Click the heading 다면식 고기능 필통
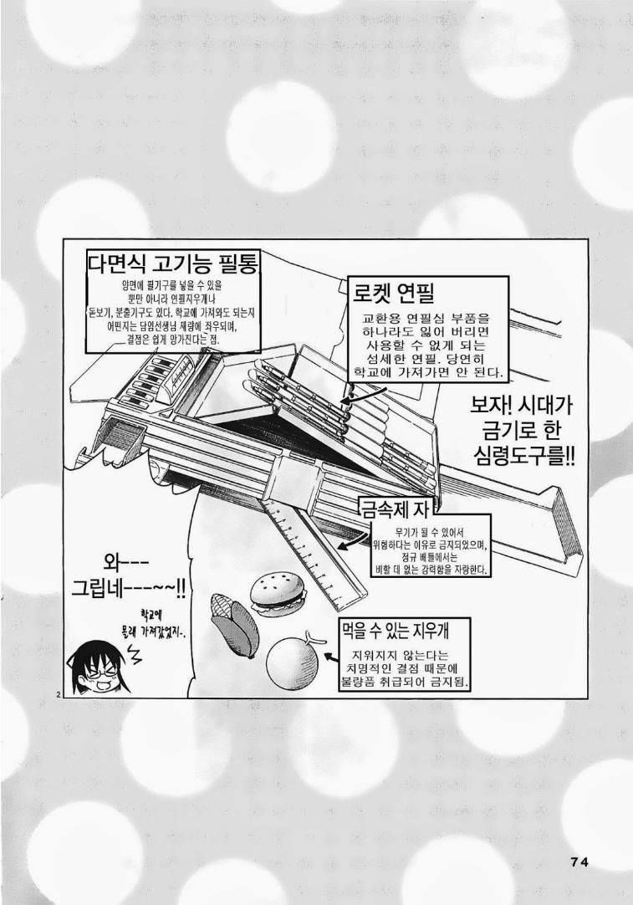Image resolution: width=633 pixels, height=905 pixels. (x=172, y=265)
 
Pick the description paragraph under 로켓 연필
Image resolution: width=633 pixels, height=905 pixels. (x=429, y=345)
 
